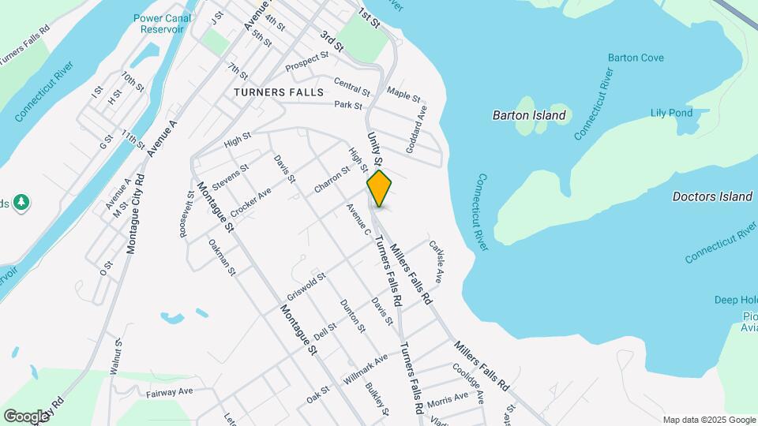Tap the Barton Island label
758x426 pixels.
529,115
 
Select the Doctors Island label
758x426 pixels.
711,196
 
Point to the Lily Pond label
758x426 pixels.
671,113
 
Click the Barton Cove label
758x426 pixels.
636,58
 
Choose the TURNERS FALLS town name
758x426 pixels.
279,92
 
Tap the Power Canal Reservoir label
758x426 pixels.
159,22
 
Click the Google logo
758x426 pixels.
26,416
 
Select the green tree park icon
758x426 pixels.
21,203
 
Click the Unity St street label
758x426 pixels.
374,149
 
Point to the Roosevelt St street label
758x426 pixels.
186,213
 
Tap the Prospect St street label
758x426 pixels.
306,61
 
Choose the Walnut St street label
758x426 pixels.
117,356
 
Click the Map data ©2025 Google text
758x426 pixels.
707,419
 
